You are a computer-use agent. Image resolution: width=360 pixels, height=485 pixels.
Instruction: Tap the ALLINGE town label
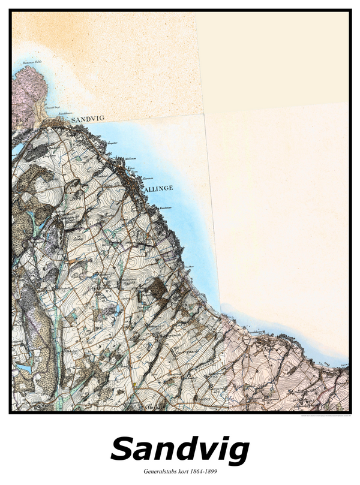pos(159,188)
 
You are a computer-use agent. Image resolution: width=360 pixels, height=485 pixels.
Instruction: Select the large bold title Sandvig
pos(180,450)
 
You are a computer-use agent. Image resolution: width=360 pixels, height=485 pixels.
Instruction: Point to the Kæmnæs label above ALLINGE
pos(148,179)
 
